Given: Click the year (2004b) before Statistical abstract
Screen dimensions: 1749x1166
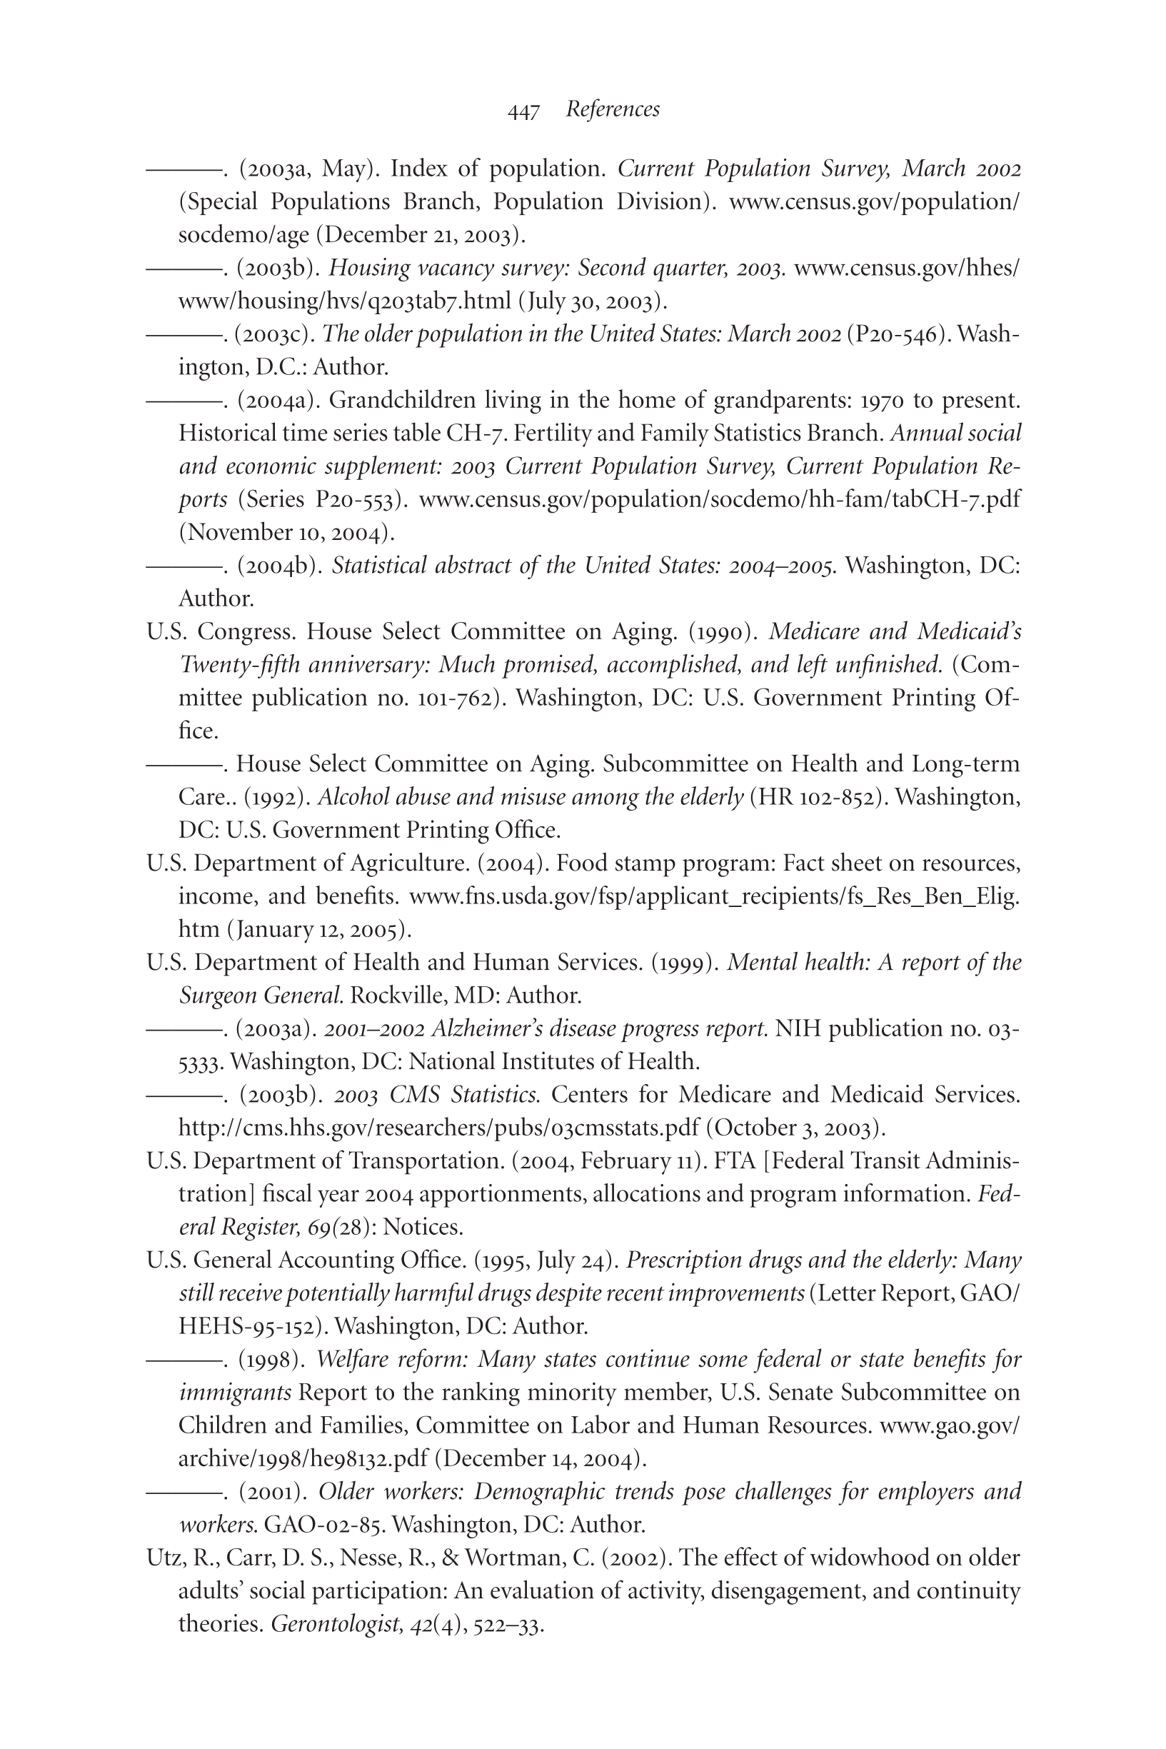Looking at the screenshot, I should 279,566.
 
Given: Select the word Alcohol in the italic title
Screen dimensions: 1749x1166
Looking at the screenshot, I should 347,797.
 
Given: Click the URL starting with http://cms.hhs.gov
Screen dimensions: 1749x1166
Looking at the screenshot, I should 438,1128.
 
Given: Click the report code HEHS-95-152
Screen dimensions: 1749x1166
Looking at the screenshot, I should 249,1327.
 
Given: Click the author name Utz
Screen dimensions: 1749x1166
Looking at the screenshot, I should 164,1558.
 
